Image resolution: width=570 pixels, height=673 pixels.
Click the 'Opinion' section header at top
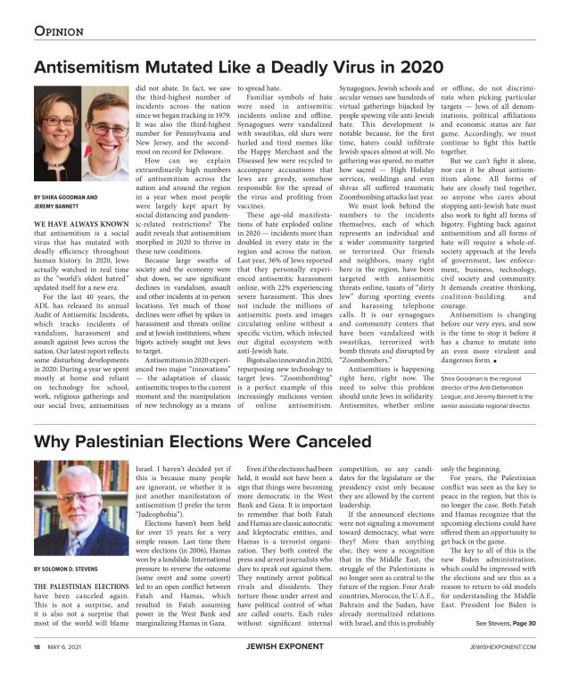pyautogui.click(x=59, y=31)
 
